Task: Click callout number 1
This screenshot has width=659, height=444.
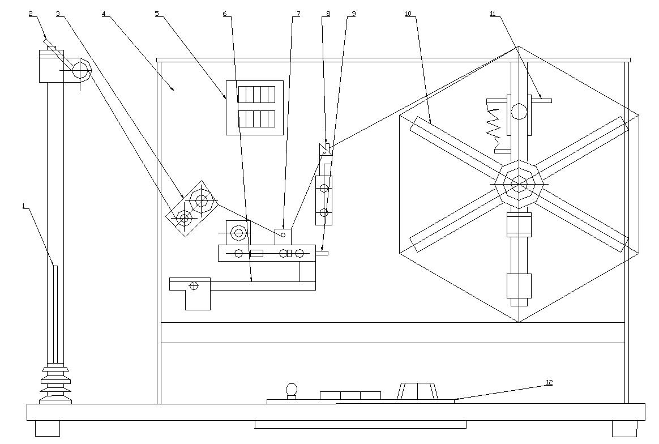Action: tap(24, 207)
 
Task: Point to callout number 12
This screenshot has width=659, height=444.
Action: tap(549, 382)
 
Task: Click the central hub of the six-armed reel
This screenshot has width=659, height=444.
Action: tap(519, 184)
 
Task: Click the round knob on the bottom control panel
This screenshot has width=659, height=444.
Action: tap(291, 389)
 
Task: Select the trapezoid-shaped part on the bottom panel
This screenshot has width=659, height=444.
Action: tap(418, 391)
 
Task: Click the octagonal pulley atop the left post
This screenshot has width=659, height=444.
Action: tap(81, 71)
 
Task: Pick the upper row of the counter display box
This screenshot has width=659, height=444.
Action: tap(256, 94)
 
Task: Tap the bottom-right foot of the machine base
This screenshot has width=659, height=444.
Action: tap(624, 428)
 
